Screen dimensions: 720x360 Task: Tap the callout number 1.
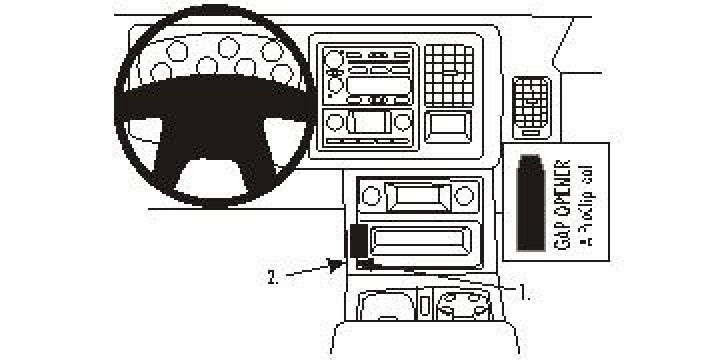tap(524, 293)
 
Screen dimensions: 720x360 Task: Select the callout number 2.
tap(272, 277)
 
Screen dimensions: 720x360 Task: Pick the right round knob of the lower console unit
tap(463, 195)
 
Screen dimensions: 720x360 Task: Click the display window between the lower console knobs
tap(414, 196)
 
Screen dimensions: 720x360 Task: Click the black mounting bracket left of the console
tap(357, 244)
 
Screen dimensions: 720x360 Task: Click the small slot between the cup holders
tap(424, 303)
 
